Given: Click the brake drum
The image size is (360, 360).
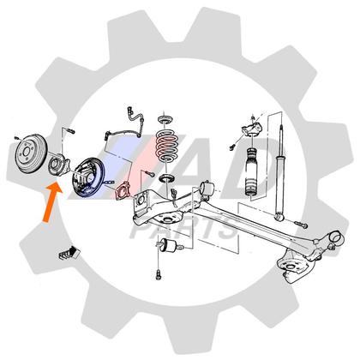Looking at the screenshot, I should pos(31,154).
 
